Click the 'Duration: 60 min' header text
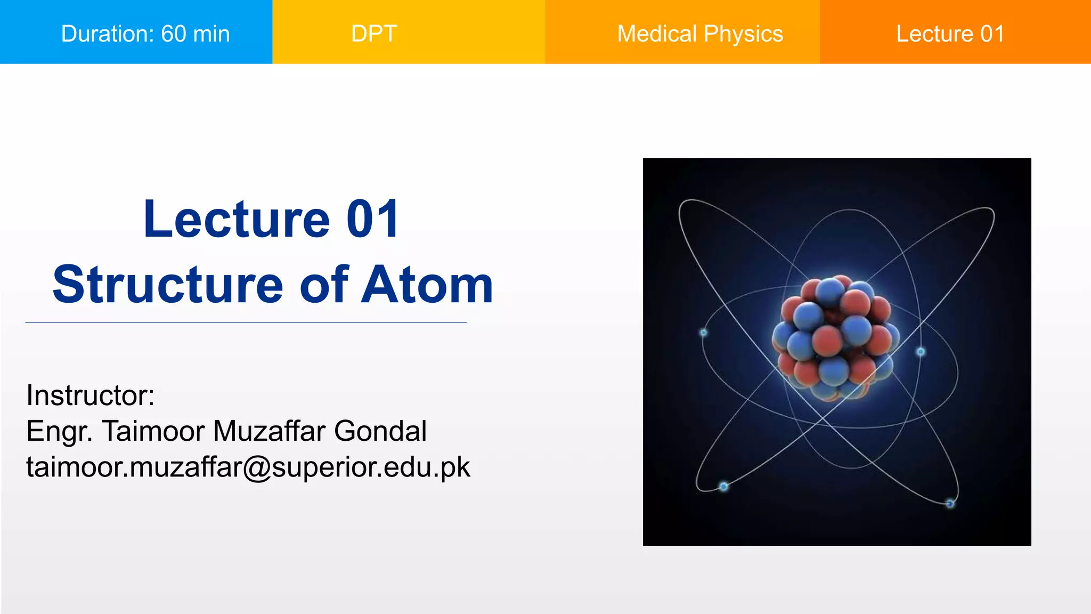pos(145,34)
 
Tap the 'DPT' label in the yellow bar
pos(374,34)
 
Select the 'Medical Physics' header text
pos(700,34)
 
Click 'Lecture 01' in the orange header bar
pos(950,34)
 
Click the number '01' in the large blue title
pos(372,219)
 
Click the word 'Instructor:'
pos(90,395)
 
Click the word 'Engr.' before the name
pos(59,432)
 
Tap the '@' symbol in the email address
pos(257,467)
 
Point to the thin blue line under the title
pos(246,322)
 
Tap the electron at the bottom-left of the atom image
pos(723,486)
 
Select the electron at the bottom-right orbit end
pos(950,503)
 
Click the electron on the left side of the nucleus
pos(703,333)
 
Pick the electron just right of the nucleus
pos(921,352)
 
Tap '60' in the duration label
pos(174,34)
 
